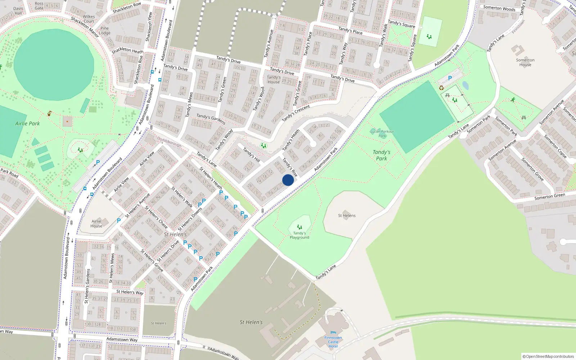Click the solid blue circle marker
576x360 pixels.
(288, 180)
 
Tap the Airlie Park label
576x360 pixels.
(27, 123)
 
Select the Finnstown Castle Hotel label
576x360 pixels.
(333, 342)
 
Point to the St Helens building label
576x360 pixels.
(347, 216)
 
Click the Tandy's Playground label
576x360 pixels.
(300, 235)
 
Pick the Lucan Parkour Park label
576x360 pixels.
(382, 134)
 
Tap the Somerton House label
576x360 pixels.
(525, 62)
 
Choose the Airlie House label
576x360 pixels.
(96, 224)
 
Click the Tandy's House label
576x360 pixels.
(274, 80)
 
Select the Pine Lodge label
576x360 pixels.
(104, 31)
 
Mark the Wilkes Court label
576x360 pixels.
(89, 19)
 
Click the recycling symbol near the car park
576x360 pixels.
(441, 87)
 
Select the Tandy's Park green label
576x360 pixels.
(381, 155)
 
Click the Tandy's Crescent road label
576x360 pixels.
(296, 113)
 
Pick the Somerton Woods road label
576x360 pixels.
(499, 8)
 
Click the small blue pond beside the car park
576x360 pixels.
(465, 85)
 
